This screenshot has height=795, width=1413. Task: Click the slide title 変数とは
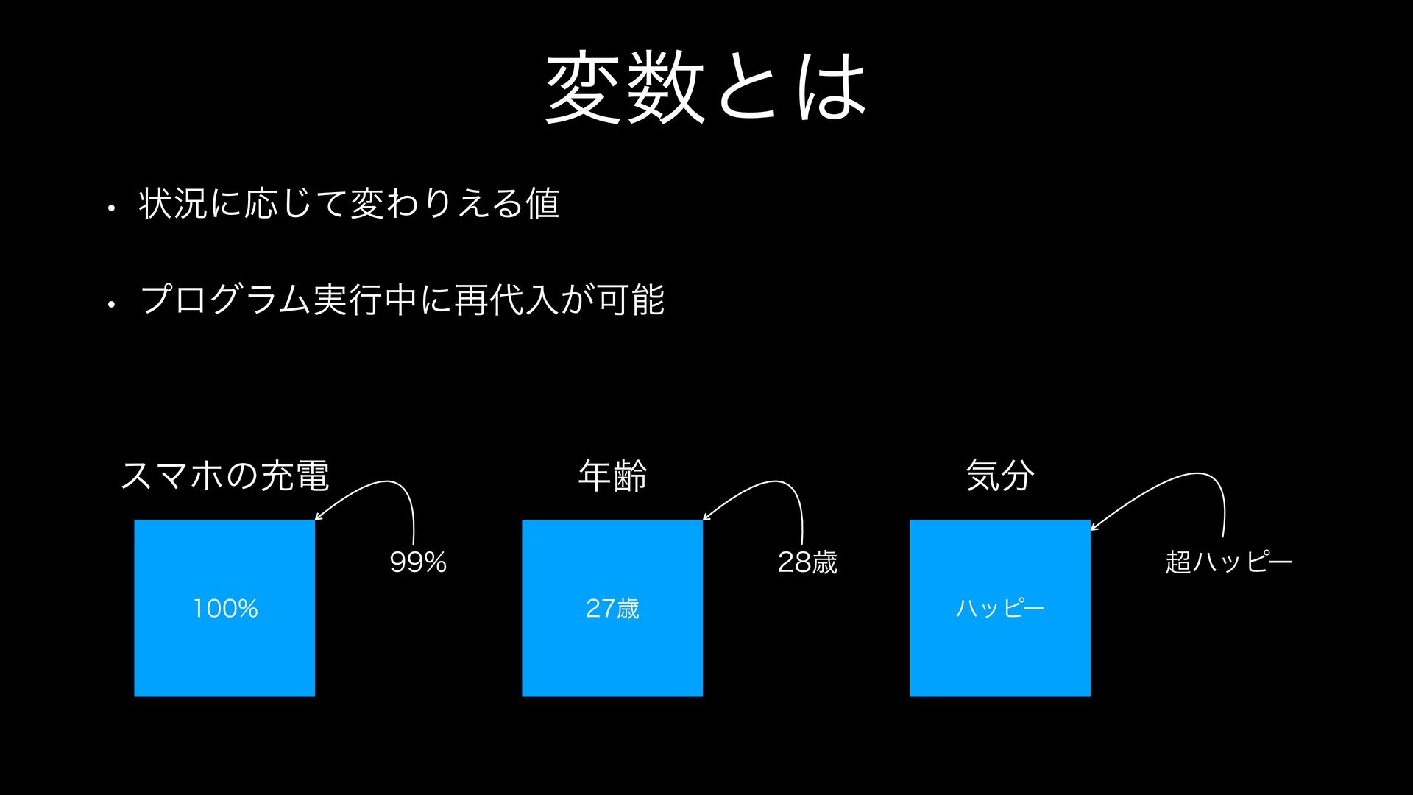pos(705,87)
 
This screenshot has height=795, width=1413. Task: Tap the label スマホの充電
pos(224,476)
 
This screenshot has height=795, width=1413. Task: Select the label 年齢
pos(612,476)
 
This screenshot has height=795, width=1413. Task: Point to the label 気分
pos(1000,476)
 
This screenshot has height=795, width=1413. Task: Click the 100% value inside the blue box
pos(225,609)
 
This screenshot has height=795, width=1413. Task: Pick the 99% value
pos(418,562)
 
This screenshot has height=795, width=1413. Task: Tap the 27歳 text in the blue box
pos(612,609)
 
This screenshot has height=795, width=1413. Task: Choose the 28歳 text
pos(807,562)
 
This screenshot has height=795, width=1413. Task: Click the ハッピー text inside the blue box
pos(1000,609)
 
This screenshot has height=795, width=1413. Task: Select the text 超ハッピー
pos(1228,562)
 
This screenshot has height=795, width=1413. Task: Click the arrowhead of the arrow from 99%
pos(317,518)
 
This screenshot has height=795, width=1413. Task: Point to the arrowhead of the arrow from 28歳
pos(705,518)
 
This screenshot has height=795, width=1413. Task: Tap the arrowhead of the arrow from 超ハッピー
pos(1093,528)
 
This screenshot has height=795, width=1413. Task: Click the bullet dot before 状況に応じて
pos(111,209)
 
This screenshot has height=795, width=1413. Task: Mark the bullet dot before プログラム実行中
pos(111,304)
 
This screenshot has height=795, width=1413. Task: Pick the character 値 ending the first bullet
pos(543,204)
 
